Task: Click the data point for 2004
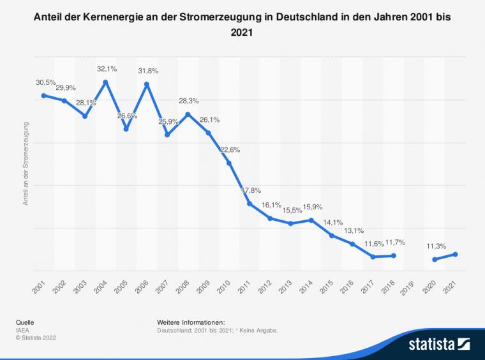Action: tap(105, 82)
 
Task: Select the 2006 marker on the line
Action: tap(147, 84)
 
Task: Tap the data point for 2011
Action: tap(250, 204)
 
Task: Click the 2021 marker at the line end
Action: tap(455, 254)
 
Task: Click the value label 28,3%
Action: tap(188, 101)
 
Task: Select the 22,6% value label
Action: tap(230, 149)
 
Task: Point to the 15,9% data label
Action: tap(311, 206)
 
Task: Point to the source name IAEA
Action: tap(24, 331)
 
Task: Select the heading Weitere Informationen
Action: tap(191, 323)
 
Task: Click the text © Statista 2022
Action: tap(38, 338)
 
